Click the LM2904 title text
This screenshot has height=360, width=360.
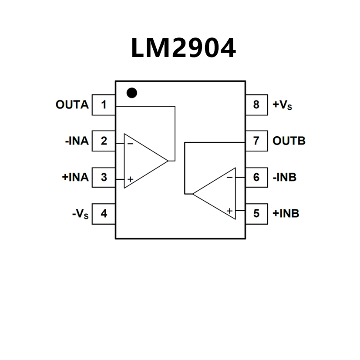click(x=183, y=48)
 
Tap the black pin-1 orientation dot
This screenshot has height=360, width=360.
click(x=131, y=93)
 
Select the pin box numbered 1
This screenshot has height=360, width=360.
click(x=104, y=105)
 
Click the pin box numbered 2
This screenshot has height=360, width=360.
click(x=104, y=141)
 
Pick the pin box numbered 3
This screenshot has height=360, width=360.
click(x=104, y=178)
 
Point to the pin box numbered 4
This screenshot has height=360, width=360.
click(x=104, y=214)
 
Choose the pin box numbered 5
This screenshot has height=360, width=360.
click(x=256, y=214)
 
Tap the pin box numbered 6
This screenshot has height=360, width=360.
click(x=256, y=178)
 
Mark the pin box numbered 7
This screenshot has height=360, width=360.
click(x=256, y=141)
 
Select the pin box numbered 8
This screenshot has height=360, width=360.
click(x=256, y=105)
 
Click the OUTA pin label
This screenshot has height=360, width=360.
click(x=72, y=105)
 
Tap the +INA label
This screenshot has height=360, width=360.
click(x=75, y=178)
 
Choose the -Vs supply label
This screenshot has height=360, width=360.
click(x=80, y=214)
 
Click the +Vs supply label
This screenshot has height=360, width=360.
click(x=282, y=105)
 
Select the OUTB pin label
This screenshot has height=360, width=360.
click(x=289, y=141)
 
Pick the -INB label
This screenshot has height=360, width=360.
click(x=285, y=178)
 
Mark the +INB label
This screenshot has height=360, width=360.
click(x=286, y=214)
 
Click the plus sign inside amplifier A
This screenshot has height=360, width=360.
click(x=130, y=179)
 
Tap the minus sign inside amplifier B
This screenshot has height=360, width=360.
click(x=229, y=177)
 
